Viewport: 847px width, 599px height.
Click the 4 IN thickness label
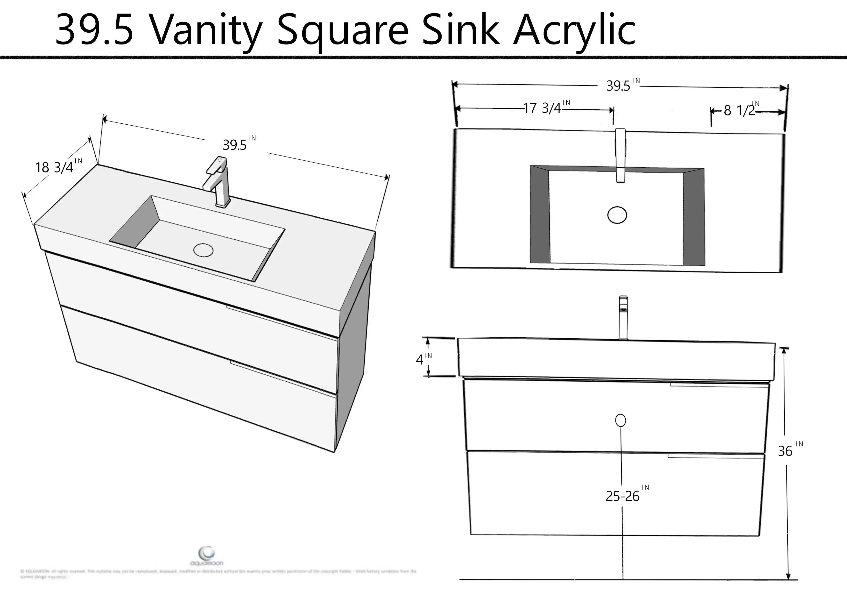421,359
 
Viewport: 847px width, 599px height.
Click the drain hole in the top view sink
617,215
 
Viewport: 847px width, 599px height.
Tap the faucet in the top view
621,155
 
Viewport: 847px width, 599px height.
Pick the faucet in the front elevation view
623,317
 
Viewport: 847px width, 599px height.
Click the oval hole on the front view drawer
621,420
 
